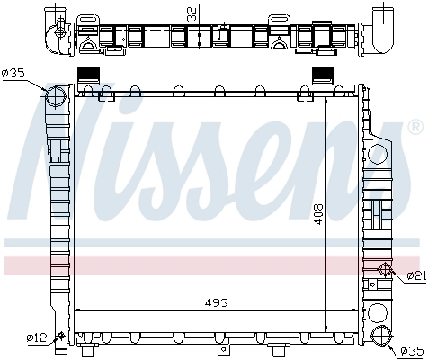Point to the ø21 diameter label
(x=415, y=275)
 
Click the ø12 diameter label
(x=36, y=337)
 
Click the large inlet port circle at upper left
(x=57, y=96)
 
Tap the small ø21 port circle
(x=384, y=269)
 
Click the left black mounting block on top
(x=88, y=75)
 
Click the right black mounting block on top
(x=322, y=75)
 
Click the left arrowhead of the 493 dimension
(x=77, y=310)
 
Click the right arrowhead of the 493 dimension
(x=354, y=310)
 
